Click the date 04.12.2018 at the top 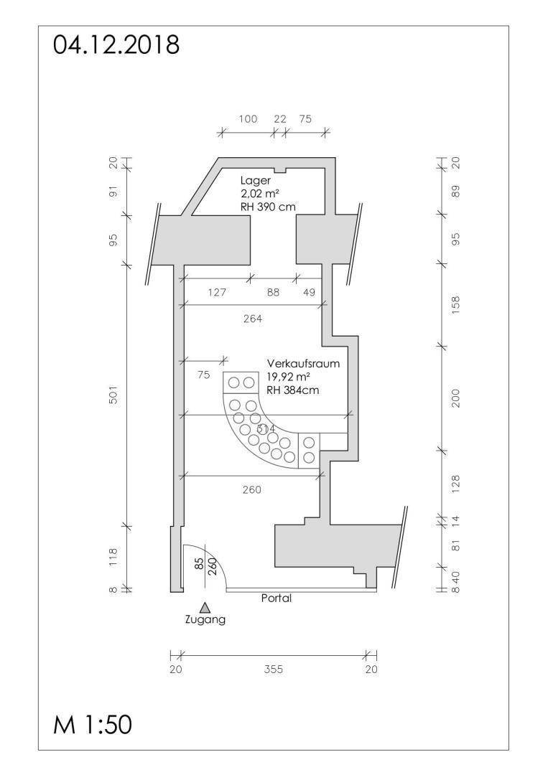point(116,44)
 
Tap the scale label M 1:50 point(93,724)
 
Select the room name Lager point(256,181)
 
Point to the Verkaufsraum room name point(303,364)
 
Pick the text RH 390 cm point(269,207)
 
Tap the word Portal point(277,598)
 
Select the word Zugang point(205,620)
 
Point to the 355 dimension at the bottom point(274,670)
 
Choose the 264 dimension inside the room point(253,318)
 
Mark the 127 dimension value point(217,292)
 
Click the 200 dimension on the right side point(455,397)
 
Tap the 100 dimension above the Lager point(248,119)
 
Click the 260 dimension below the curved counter point(251,489)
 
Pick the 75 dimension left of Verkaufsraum point(203,374)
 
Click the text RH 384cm point(293,390)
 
